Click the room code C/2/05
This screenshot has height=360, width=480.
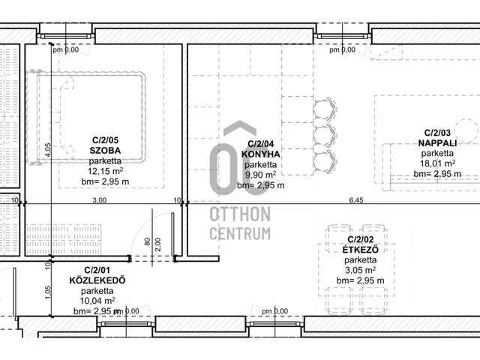[x=105, y=140]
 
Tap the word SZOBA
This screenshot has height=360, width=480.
[x=105, y=151]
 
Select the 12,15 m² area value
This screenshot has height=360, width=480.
[x=105, y=171]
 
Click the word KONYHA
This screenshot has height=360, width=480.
[x=260, y=154]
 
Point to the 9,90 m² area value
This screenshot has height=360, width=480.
[x=260, y=175]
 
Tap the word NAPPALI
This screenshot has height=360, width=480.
[x=437, y=143]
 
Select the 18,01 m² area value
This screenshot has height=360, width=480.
[x=437, y=163]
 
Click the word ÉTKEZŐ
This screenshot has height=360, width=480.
[x=360, y=250]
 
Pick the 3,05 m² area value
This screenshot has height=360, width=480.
[x=360, y=270]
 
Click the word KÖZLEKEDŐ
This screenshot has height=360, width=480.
[x=97, y=280]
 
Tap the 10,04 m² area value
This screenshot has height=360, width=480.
[x=97, y=301]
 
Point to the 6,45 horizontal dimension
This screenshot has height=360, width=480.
[x=356, y=200]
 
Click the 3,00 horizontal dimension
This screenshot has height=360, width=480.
[x=100, y=200]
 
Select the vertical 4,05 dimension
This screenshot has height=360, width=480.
[x=48, y=150]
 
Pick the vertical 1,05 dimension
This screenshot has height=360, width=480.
[x=48, y=292]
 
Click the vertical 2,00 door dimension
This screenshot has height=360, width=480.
[x=157, y=244]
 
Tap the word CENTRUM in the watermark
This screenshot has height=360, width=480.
[x=240, y=233]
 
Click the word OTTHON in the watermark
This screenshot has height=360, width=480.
[x=240, y=214]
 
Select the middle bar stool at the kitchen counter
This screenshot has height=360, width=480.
[x=325, y=135]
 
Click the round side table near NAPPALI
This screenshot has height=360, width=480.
[x=466, y=130]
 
